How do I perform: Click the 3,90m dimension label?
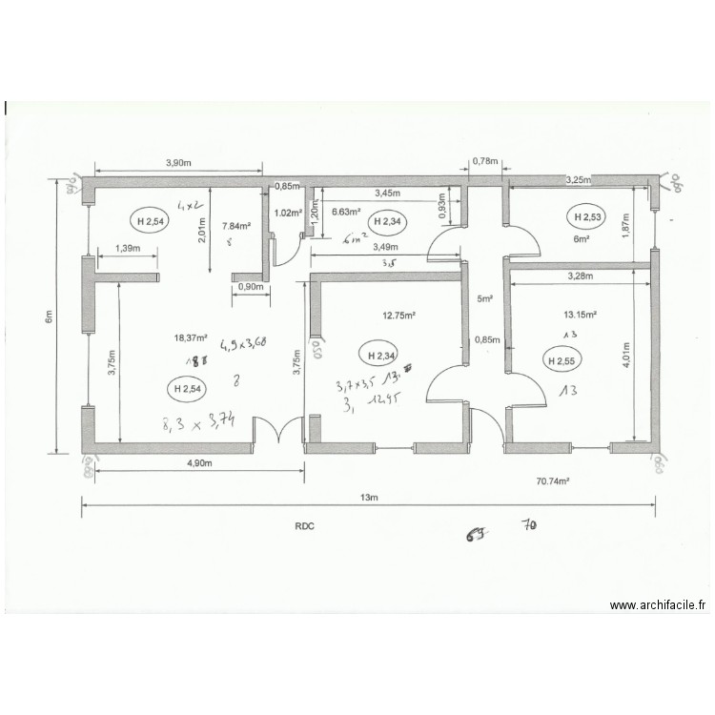click(181, 163)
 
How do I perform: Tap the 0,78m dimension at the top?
click(485, 161)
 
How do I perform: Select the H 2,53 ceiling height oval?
click(584, 216)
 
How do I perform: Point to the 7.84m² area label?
click(235, 226)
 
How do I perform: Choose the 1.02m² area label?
click(288, 214)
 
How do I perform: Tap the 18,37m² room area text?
click(191, 337)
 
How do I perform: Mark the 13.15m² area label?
click(579, 314)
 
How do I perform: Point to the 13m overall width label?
click(368, 498)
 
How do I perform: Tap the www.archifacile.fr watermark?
click(659, 604)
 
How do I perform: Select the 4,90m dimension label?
click(197, 462)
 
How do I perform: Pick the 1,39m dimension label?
click(127, 249)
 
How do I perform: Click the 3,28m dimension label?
click(579, 276)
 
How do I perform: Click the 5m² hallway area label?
click(484, 299)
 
